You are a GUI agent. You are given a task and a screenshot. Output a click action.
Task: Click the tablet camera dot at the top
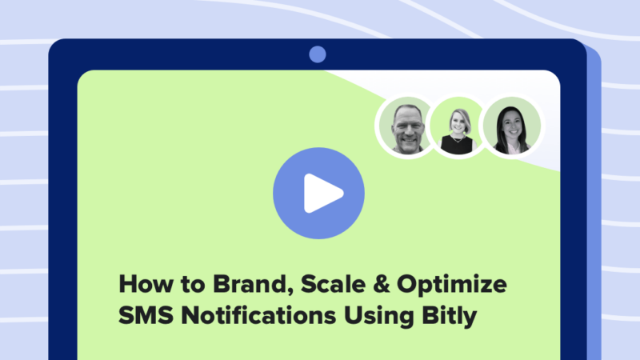[x=318, y=54]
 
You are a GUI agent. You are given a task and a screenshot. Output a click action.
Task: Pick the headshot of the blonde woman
[x=458, y=127]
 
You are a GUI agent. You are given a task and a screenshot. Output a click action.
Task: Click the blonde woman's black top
[x=458, y=145]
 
